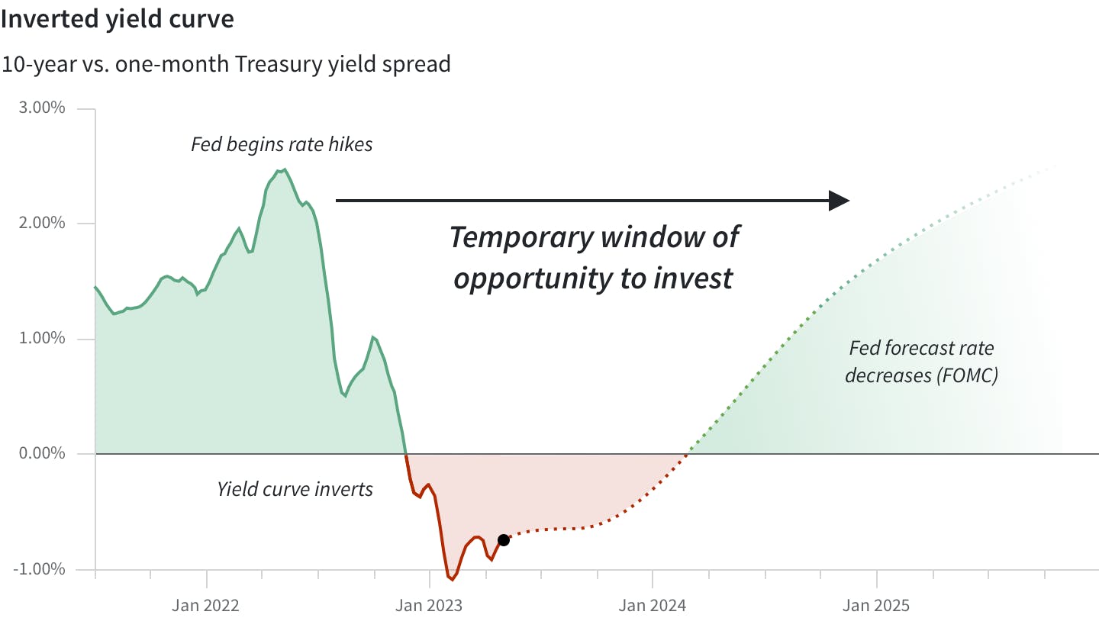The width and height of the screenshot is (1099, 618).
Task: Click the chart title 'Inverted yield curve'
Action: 117,19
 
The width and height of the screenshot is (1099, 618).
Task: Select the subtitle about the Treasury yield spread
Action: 226,63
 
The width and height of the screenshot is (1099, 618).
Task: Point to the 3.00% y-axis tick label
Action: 42,108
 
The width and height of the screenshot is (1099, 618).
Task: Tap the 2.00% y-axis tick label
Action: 42,223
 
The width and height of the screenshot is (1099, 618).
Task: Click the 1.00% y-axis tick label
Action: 42,338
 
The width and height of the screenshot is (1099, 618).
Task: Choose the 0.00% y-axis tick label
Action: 42,454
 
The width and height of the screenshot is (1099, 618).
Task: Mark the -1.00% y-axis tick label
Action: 40,569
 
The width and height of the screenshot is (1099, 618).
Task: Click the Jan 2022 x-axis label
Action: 205,605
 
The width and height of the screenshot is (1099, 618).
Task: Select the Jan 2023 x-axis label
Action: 429,605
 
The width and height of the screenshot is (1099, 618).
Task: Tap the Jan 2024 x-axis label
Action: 653,605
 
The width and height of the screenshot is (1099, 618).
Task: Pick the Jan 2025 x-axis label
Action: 876,605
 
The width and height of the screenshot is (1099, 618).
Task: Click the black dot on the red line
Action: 504,540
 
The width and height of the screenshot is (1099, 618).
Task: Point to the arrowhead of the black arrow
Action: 840,201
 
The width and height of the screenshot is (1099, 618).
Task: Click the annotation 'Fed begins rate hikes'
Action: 282,144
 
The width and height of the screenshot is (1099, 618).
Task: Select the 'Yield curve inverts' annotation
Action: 295,488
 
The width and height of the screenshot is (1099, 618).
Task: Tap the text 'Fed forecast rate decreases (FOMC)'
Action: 922,362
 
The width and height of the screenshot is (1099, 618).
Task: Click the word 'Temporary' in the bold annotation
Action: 520,237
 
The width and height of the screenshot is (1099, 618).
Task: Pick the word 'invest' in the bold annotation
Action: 695,278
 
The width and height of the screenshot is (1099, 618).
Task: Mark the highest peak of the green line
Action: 284,169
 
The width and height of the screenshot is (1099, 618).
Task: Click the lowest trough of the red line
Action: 452,580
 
